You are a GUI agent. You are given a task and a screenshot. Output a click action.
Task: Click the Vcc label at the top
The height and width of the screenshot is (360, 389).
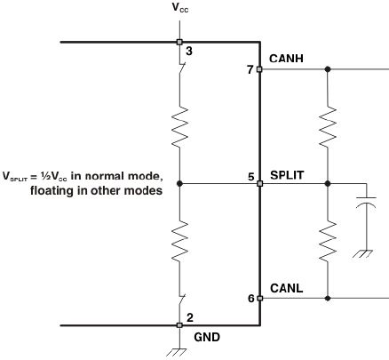coord(180,8)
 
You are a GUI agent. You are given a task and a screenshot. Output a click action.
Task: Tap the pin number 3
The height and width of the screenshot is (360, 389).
coord(189,52)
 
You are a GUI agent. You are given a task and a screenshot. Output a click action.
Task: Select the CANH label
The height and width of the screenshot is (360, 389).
coord(286,59)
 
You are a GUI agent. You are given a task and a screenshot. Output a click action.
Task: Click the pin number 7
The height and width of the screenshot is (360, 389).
coord(250,70)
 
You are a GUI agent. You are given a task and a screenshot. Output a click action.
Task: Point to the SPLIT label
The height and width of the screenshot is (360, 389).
coord(287,175)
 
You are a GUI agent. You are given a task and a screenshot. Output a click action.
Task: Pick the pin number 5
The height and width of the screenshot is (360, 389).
coord(251,177)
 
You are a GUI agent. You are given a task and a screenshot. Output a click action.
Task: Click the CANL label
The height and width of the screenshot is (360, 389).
coord(286,288)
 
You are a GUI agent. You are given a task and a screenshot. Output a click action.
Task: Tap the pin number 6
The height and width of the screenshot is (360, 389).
coord(251,299)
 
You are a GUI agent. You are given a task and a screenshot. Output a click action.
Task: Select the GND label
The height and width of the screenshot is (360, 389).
coord(207,337)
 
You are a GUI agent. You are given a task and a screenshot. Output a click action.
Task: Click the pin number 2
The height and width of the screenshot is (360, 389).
coord(190,318)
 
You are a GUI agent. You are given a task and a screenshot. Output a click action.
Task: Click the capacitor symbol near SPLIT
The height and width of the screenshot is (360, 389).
coord(367,202)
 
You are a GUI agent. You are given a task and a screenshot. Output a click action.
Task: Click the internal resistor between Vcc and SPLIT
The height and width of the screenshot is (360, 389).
coord(179,127)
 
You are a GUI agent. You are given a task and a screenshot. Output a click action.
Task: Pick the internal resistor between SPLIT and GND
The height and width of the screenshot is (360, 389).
coord(179,241)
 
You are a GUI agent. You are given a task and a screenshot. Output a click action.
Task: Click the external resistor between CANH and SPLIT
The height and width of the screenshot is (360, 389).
coord(328,127)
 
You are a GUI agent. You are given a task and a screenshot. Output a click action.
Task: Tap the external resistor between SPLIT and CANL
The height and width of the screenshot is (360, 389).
coord(328,241)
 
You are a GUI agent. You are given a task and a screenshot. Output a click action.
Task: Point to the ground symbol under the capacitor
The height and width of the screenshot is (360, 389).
coord(363,253)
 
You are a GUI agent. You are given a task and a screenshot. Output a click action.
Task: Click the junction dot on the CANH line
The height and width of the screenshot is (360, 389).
coord(328,69)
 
